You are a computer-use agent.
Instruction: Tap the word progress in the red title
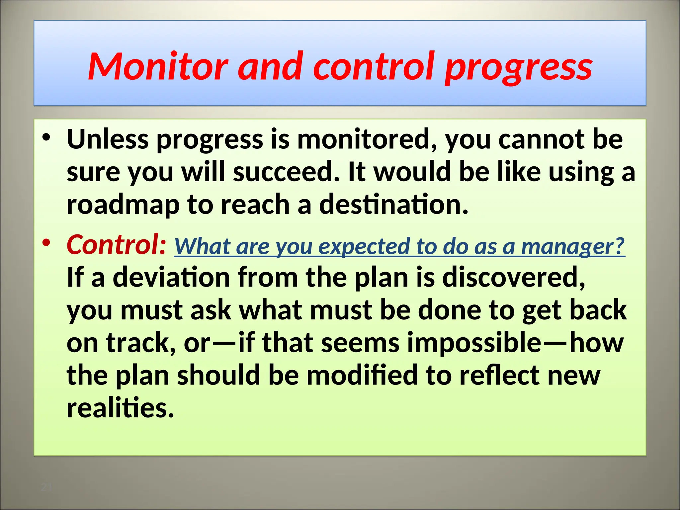coord(518,68)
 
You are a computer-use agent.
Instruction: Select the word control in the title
coord(374,66)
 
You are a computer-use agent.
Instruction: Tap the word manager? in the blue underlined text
coord(573,246)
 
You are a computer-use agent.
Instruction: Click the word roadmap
coord(123,205)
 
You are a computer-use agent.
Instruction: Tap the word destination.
coord(393,205)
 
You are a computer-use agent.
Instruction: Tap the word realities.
coord(120,408)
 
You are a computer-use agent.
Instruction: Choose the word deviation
coord(171,277)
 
